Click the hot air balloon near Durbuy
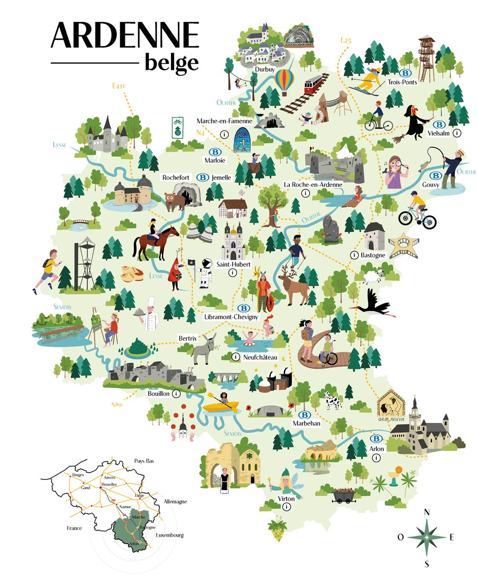284,81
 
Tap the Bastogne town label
373,255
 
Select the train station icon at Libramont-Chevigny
243,308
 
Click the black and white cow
332,400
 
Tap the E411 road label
119,86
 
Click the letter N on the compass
427,512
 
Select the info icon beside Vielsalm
457,133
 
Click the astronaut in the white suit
206,273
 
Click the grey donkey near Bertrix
203,348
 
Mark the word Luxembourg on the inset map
170,535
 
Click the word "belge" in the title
171,63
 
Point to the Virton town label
286,499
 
